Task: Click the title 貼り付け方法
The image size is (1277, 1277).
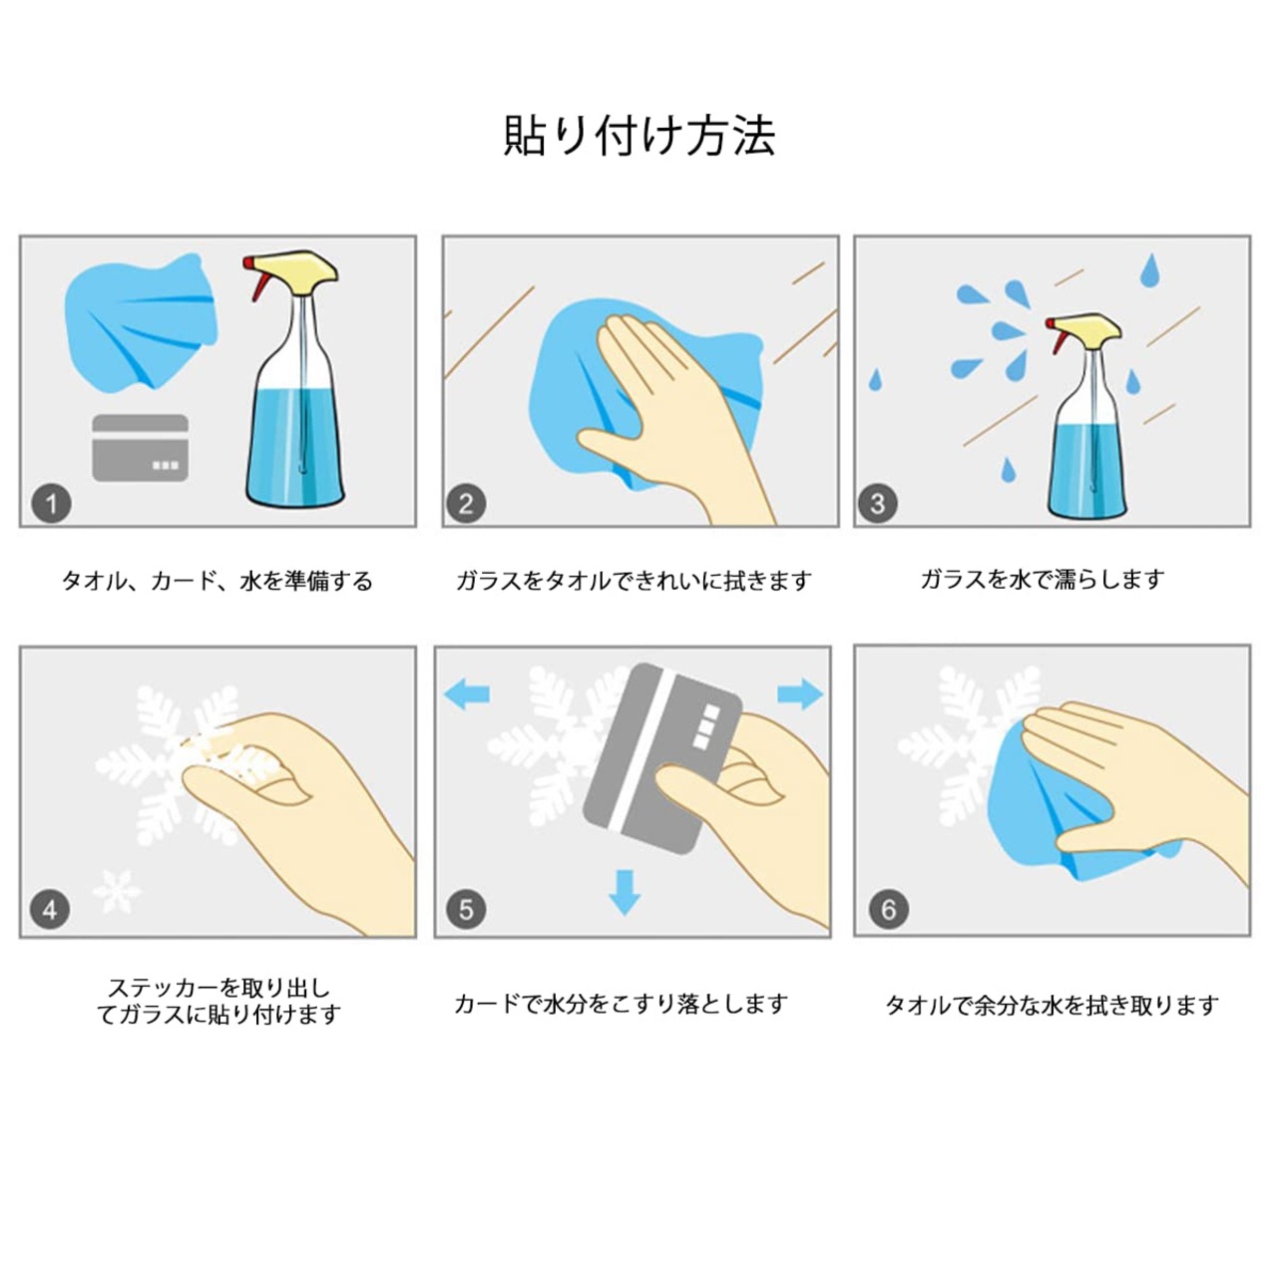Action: click(x=639, y=136)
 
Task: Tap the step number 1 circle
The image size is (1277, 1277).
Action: click(x=52, y=505)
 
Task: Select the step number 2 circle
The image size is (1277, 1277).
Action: click(x=466, y=504)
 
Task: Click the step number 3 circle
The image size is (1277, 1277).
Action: click(x=877, y=504)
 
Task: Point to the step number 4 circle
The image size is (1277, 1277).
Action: click(x=50, y=910)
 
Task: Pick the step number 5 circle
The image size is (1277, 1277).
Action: click(x=466, y=909)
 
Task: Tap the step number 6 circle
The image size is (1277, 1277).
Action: click(x=889, y=909)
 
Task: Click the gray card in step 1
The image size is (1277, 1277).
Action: click(x=141, y=447)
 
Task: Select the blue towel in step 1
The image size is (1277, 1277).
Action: click(x=141, y=320)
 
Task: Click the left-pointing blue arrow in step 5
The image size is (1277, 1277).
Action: click(x=466, y=694)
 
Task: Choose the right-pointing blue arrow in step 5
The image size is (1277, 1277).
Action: click(x=800, y=693)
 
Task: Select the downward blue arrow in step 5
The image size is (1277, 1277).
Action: click(x=625, y=893)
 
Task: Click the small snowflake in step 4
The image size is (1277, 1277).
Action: click(x=118, y=891)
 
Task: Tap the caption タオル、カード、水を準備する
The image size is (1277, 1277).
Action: click(x=217, y=582)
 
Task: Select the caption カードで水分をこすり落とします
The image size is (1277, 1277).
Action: click(x=621, y=1004)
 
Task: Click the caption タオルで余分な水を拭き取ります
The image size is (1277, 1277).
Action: click(x=1052, y=1006)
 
